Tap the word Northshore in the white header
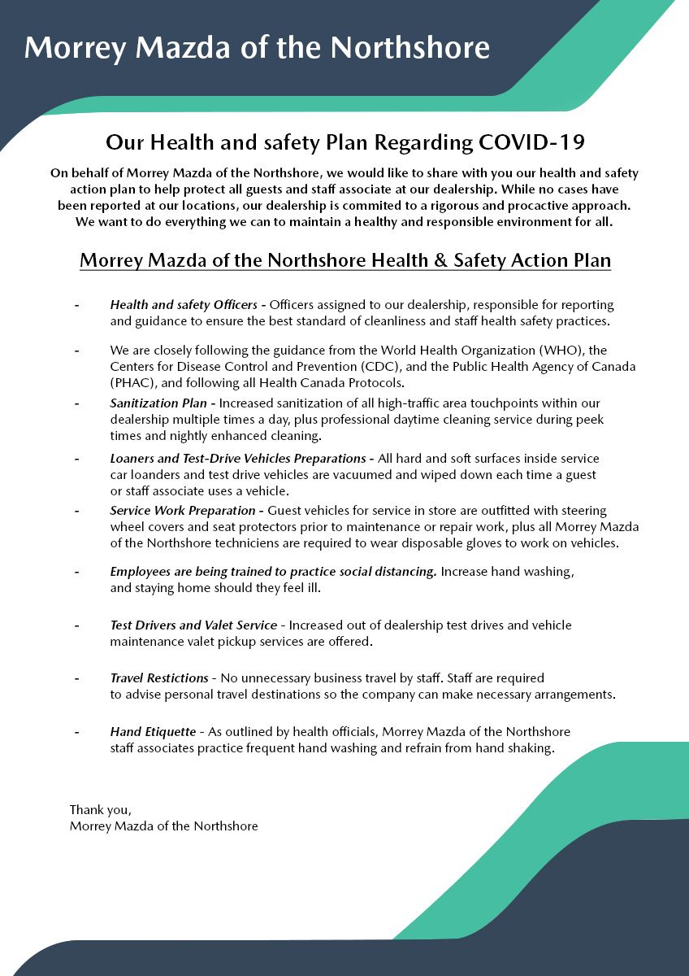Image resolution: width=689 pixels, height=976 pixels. coord(410,48)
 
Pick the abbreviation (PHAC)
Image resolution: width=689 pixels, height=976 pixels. coord(134,382)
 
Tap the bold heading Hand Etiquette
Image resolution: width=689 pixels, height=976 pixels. coord(151,732)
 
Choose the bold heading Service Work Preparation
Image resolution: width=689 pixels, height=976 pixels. coord(184,511)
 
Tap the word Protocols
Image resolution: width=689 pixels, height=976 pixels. coord(370,382)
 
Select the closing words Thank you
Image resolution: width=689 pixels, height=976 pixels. coord(100,810)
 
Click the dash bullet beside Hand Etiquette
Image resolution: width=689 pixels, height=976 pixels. coord(76,732)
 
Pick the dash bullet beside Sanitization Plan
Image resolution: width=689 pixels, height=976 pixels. coord(76,403)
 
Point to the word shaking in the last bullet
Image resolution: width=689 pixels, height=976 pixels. coord(531,748)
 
